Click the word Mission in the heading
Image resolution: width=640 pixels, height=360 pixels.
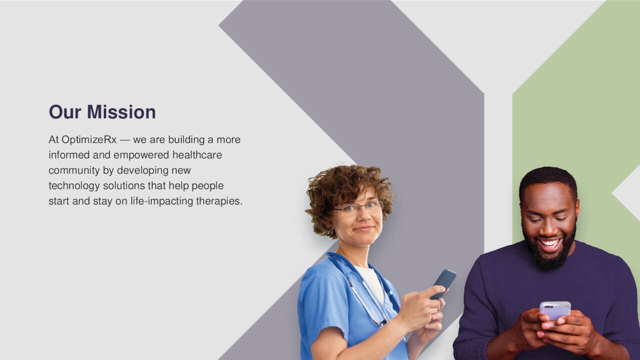pos(121,111)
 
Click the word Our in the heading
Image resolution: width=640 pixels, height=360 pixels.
pos(65,111)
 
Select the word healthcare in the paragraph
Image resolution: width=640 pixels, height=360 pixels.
pos(197,155)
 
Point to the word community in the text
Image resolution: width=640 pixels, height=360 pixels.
pos(74,171)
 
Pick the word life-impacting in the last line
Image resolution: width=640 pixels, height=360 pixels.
pos(162,201)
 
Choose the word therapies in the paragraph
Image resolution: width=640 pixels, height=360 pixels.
pos(219,201)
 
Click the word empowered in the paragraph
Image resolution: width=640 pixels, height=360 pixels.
pos(141,155)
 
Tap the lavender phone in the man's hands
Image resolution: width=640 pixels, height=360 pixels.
pos(555,310)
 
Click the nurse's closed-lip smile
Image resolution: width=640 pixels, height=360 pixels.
pos(363,228)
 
